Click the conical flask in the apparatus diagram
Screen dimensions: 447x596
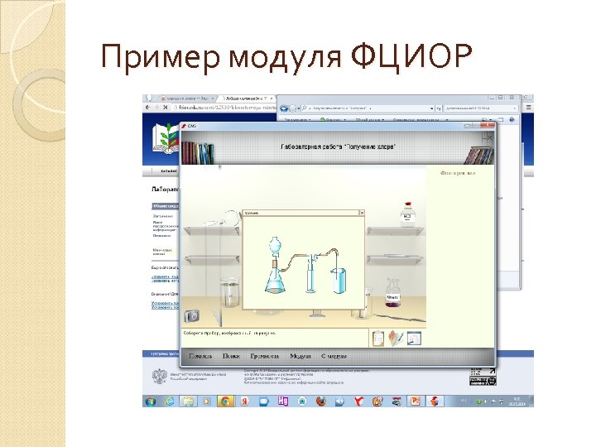(x=276, y=276)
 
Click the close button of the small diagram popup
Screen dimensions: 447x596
(x=361, y=213)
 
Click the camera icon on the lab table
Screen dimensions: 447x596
(x=192, y=315)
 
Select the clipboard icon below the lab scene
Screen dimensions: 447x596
(x=378, y=337)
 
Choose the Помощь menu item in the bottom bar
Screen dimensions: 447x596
(x=200, y=357)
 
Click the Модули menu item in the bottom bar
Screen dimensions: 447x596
(x=300, y=357)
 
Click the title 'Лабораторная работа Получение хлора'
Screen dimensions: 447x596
(x=338, y=146)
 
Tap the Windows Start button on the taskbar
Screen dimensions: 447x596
(x=151, y=401)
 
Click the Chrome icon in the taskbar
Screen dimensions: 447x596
(x=224, y=401)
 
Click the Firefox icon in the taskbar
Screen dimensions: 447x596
(x=321, y=401)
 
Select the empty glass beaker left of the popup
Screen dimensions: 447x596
(x=228, y=294)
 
